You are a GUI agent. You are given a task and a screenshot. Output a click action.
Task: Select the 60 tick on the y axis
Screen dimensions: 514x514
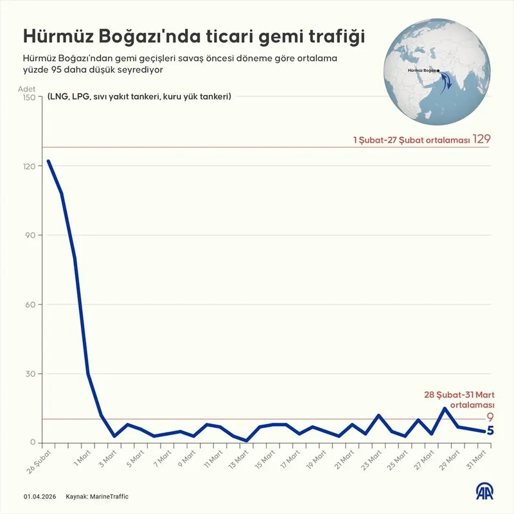pos(31,305)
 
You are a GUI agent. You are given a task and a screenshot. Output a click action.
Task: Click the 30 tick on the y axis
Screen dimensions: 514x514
pos(31,374)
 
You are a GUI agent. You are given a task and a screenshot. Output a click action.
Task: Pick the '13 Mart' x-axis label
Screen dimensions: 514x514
pos(238,458)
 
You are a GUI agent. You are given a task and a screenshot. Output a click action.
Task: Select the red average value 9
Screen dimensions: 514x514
pos(489,418)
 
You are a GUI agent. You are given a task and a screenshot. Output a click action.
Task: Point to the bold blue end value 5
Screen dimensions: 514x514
pos(490,430)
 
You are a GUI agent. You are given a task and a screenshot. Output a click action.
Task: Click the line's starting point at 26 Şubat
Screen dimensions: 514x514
pos(48,161)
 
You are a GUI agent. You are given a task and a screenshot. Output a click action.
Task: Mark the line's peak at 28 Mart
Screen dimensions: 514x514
pos(445,408)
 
